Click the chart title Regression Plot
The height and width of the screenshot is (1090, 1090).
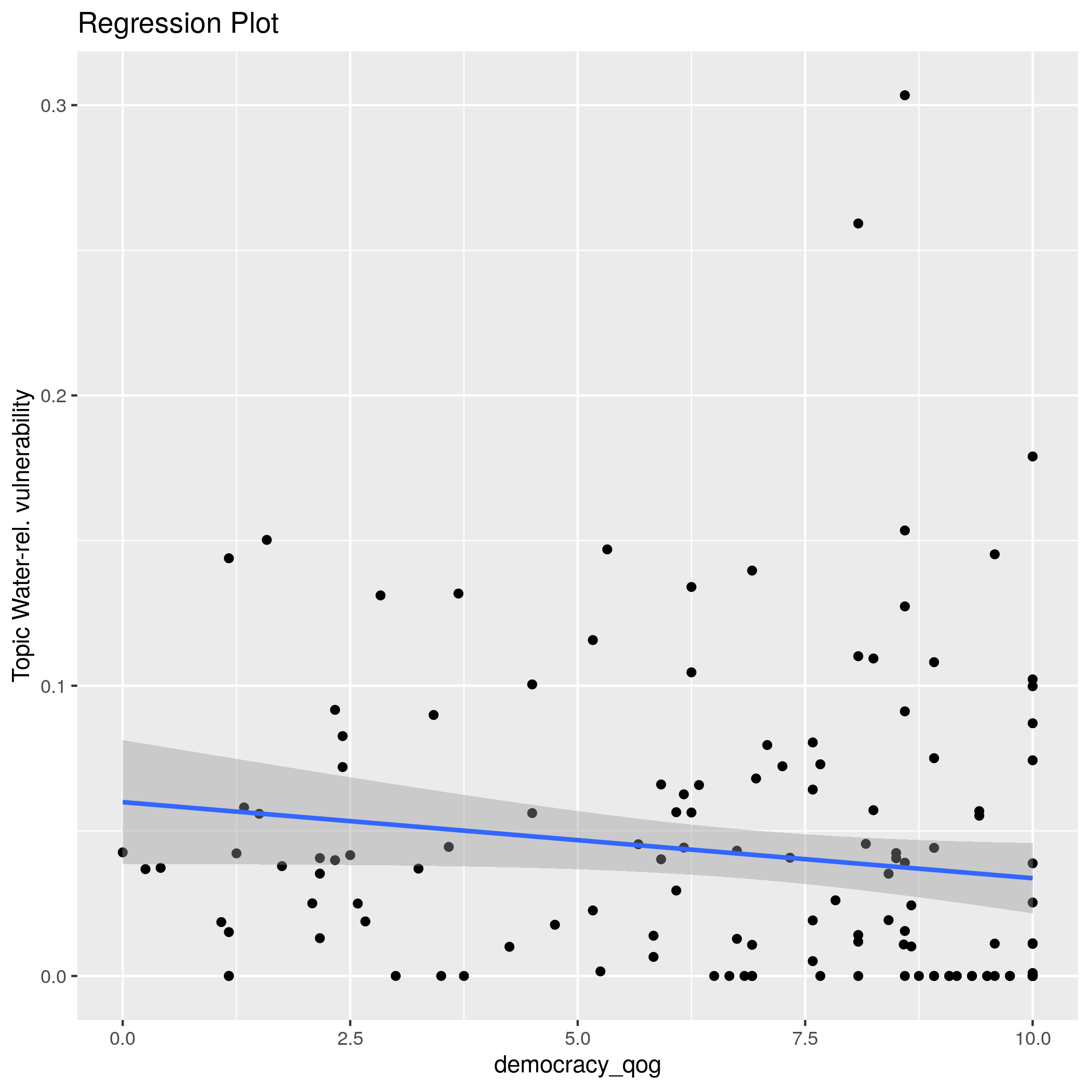[178, 24]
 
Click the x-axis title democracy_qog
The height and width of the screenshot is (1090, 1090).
[577, 1065]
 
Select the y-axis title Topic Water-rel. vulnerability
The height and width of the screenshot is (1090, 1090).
[22, 536]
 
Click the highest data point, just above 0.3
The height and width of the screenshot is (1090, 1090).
[904, 96]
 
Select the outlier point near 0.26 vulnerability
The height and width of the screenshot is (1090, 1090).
[858, 223]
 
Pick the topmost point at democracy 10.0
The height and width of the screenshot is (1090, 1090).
[1032, 456]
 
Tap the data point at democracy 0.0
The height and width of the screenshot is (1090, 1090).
[122, 852]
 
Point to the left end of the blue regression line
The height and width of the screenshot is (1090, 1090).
[123, 802]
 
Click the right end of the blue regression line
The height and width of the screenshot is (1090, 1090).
[1032, 878]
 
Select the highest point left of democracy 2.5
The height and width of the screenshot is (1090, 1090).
[267, 540]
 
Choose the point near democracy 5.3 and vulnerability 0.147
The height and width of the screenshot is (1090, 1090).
[607, 550]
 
